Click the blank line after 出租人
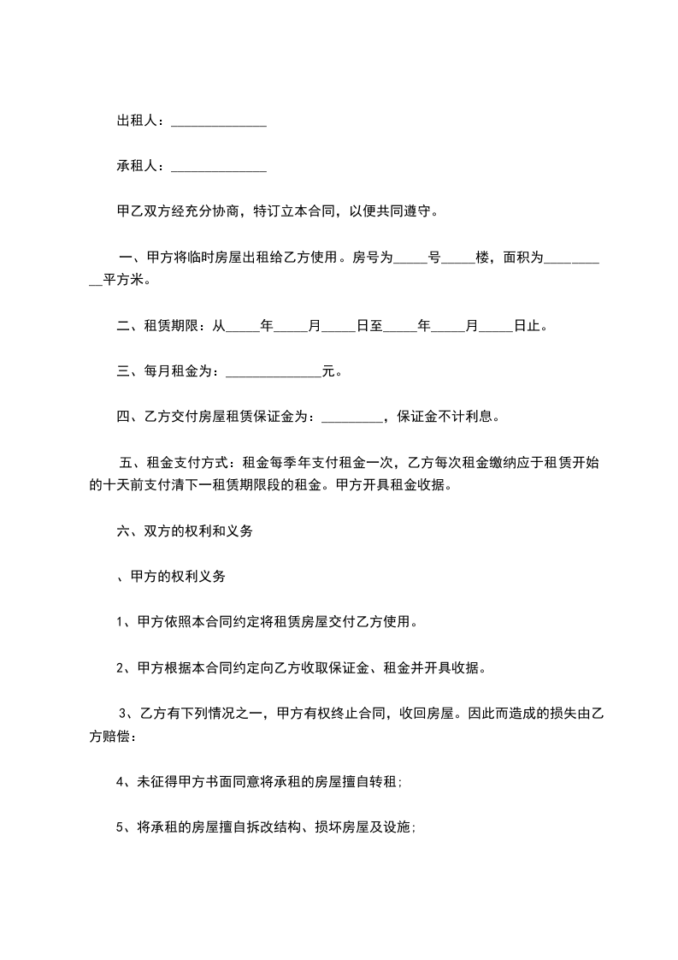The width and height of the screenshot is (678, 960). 219,123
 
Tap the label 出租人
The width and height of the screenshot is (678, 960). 137,121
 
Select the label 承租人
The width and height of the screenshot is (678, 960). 137,166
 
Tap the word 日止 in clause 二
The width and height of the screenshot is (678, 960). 528,326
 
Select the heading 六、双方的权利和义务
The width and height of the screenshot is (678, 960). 184,531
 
